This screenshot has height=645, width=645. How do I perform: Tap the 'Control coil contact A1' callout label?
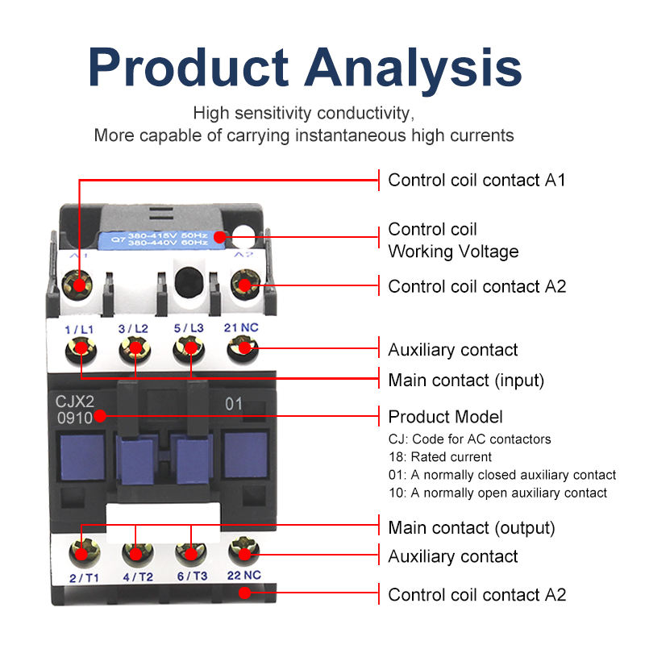coord(476,180)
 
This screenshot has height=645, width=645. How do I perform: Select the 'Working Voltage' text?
coord(453,252)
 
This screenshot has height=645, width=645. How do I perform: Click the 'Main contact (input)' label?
coord(466,380)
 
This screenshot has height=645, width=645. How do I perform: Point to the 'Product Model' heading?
coord(446,417)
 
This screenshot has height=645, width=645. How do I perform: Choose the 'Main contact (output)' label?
coord(472,528)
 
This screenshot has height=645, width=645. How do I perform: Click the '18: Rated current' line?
coord(439,456)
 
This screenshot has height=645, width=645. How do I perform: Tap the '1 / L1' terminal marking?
coord(79,330)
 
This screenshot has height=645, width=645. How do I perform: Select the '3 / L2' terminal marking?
coord(133,329)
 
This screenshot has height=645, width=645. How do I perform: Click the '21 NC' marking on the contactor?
coord(241,327)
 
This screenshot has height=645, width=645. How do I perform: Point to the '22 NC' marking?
coord(244,575)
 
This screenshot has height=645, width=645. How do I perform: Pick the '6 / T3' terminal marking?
coord(192,576)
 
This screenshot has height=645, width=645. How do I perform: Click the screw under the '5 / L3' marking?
coord(189,349)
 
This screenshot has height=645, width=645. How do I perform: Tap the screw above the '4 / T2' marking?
coord(138,553)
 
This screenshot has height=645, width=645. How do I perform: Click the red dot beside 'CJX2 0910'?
coord(100,416)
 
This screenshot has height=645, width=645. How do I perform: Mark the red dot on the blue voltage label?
coord(220,237)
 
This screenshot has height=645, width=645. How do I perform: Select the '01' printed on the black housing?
coord(234,404)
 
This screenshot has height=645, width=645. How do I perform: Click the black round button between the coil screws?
coord(189,281)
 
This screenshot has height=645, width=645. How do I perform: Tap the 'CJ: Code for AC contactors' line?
coord(469,439)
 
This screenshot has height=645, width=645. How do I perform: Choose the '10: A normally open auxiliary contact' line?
coord(497,493)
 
